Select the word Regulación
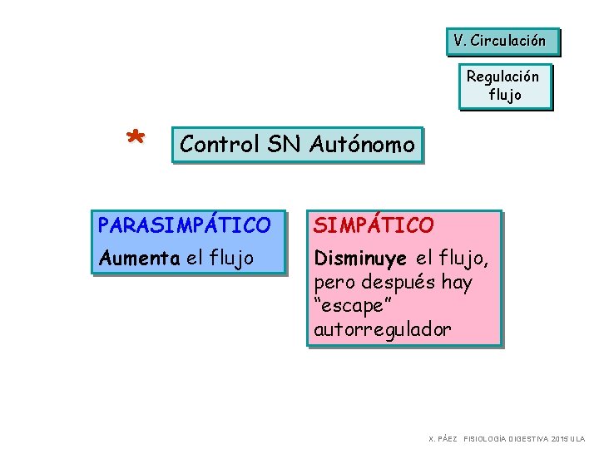click(502, 76)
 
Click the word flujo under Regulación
click(505, 95)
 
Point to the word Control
click(218, 145)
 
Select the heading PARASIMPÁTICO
click(184, 225)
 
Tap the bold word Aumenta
click(139, 259)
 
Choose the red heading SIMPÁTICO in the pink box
click(374, 225)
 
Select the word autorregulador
click(383, 329)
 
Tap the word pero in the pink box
click(335, 283)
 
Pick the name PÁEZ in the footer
click(447, 438)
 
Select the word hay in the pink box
click(457, 283)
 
